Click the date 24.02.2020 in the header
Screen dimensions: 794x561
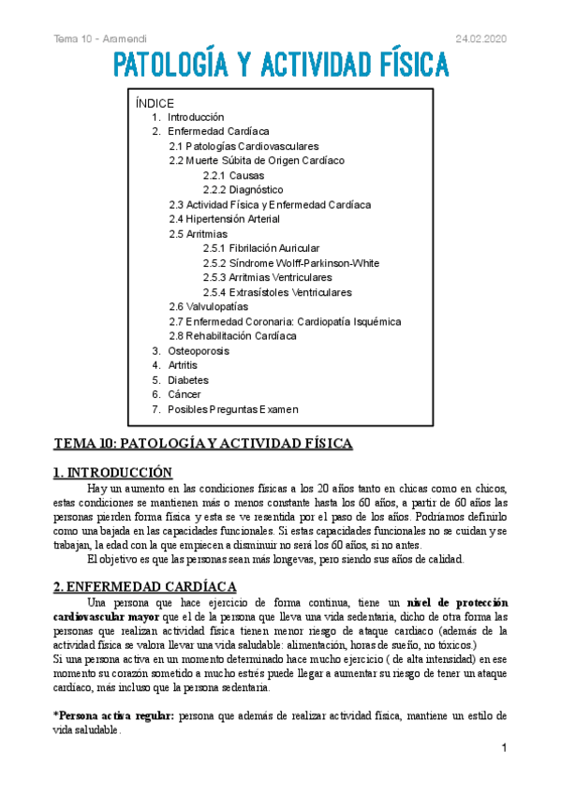tap(480, 37)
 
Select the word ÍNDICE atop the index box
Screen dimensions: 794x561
tap(155, 103)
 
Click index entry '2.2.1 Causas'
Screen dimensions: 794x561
tap(233, 175)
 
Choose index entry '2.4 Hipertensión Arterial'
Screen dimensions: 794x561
tap(224, 219)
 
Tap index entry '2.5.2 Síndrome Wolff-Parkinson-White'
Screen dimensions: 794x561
tap(290, 263)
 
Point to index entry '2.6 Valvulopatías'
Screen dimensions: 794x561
tap(208, 307)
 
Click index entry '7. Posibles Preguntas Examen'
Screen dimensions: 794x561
tap(225, 409)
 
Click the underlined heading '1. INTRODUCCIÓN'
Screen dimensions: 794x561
tap(113, 473)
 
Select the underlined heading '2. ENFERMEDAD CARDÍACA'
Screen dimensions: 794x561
tap(140, 585)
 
